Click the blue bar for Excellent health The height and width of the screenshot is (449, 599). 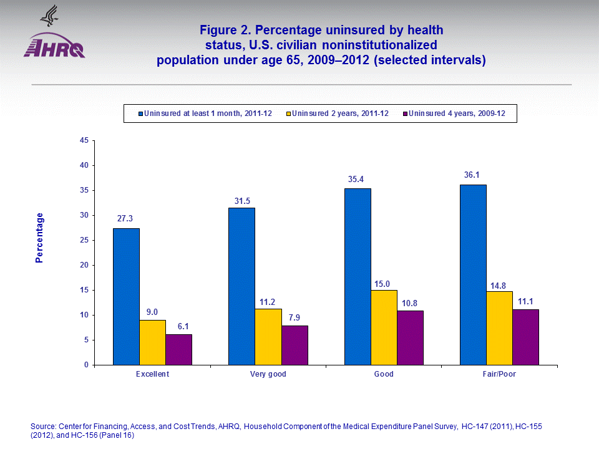click(126, 296)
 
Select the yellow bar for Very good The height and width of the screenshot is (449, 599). click(268, 337)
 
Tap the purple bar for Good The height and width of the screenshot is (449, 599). click(410, 337)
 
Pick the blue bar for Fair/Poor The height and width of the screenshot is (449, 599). click(473, 274)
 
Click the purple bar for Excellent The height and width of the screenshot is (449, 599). click(178, 349)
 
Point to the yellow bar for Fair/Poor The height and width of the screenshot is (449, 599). click(499, 328)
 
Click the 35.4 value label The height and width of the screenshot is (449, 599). click(357, 180)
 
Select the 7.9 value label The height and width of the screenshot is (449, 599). click(295, 317)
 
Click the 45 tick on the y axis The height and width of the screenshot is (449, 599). click(84, 141)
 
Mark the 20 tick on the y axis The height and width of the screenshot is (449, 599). click(84, 265)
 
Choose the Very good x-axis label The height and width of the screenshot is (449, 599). click(268, 374)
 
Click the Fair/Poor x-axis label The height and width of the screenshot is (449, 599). click(499, 374)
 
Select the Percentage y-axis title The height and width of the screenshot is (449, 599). click(39, 238)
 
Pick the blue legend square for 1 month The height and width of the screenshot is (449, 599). click(140, 113)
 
